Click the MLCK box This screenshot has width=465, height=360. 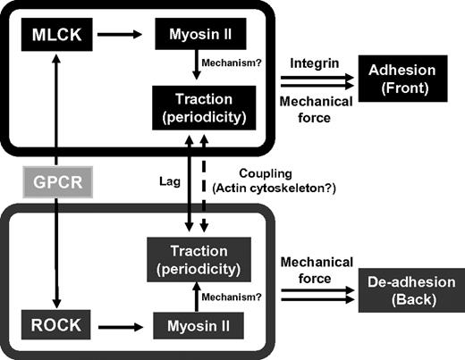(x=55, y=38)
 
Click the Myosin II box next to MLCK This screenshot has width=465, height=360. (x=199, y=38)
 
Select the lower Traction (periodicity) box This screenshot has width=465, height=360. (x=199, y=261)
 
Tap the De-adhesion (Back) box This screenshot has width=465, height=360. (x=409, y=292)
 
